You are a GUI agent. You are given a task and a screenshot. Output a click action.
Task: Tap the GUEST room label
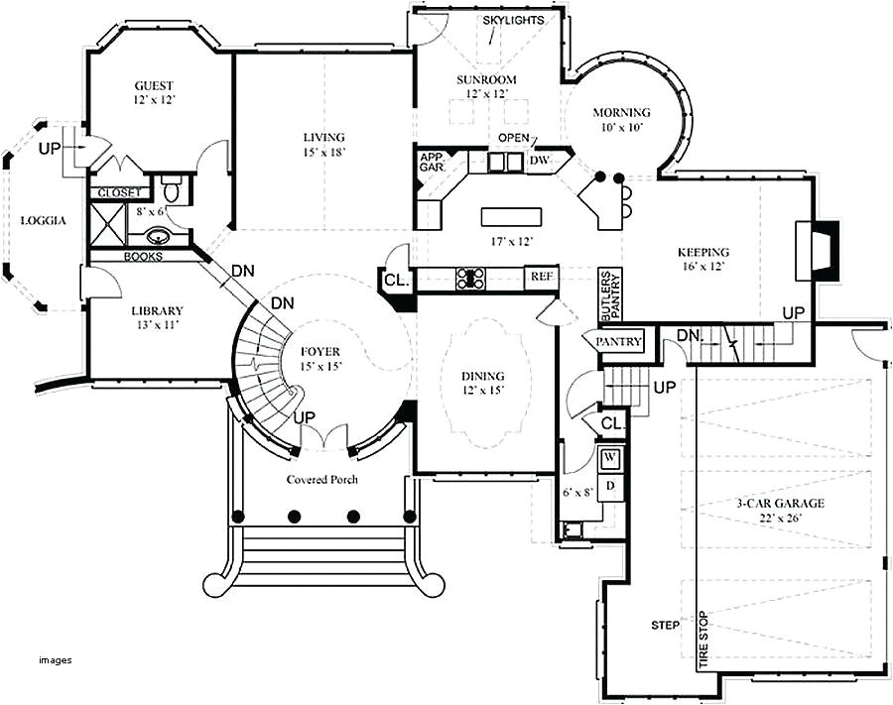pos(156,86)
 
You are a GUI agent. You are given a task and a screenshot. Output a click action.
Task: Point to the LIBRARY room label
pos(157,310)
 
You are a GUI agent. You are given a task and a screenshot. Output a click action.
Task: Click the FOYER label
pos(319,351)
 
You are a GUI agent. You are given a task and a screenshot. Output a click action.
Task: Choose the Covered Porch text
pos(322,480)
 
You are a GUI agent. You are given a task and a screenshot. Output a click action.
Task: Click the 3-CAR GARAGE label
pos(780,503)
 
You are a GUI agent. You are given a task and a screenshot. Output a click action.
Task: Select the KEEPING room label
pos(703,252)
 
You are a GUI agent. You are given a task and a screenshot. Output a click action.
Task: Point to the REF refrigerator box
pos(541,277)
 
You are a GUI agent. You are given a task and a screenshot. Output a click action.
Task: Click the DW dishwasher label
pos(539,160)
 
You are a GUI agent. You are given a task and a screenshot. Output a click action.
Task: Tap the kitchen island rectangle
pos(513,216)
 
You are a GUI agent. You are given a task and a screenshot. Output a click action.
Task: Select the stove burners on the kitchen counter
pos(470,279)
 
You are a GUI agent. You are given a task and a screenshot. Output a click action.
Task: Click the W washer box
pos(611,457)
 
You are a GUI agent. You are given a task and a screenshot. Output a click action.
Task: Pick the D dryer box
pos(611,485)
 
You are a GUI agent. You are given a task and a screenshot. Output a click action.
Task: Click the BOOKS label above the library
pos(143,256)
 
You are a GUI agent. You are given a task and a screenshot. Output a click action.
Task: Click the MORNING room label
pos(622,112)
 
